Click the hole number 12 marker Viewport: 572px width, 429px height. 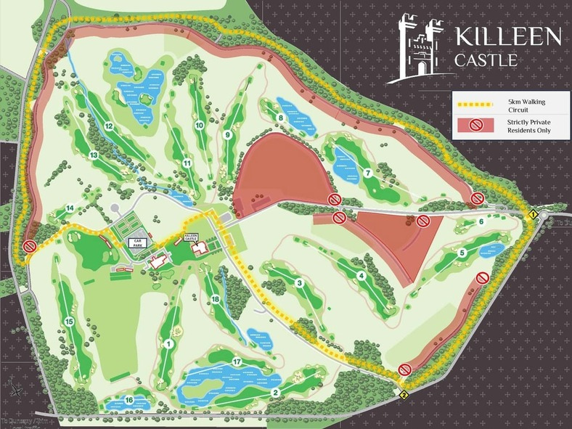click(x=108, y=126)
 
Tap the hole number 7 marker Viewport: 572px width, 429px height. click(x=368, y=173)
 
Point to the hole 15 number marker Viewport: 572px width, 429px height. click(x=69, y=322)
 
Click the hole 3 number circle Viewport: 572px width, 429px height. click(x=299, y=282)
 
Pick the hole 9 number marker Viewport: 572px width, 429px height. click(x=227, y=134)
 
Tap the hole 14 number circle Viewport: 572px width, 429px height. click(x=70, y=208)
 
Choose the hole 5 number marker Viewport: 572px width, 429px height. click(x=462, y=253)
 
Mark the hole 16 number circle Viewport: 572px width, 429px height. click(x=128, y=399)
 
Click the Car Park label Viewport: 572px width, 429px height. click(x=137, y=243)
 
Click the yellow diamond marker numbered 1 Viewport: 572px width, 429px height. click(x=533, y=215)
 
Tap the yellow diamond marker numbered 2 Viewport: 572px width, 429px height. click(x=403, y=395)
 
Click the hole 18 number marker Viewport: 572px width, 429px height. click(x=215, y=300)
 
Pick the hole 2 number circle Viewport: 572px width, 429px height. click(x=275, y=393)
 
